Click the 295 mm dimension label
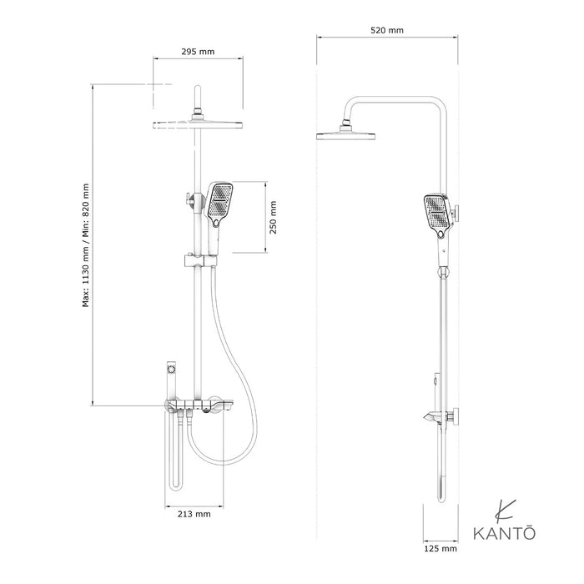(198, 52)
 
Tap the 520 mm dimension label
(387, 30)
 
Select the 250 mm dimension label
(274, 217)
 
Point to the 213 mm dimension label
(194, 514)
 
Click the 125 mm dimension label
(441, 548)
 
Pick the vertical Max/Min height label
(86, 245)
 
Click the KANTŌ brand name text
(504, 532)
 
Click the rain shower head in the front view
(198, 124)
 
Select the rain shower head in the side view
(345, 136)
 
